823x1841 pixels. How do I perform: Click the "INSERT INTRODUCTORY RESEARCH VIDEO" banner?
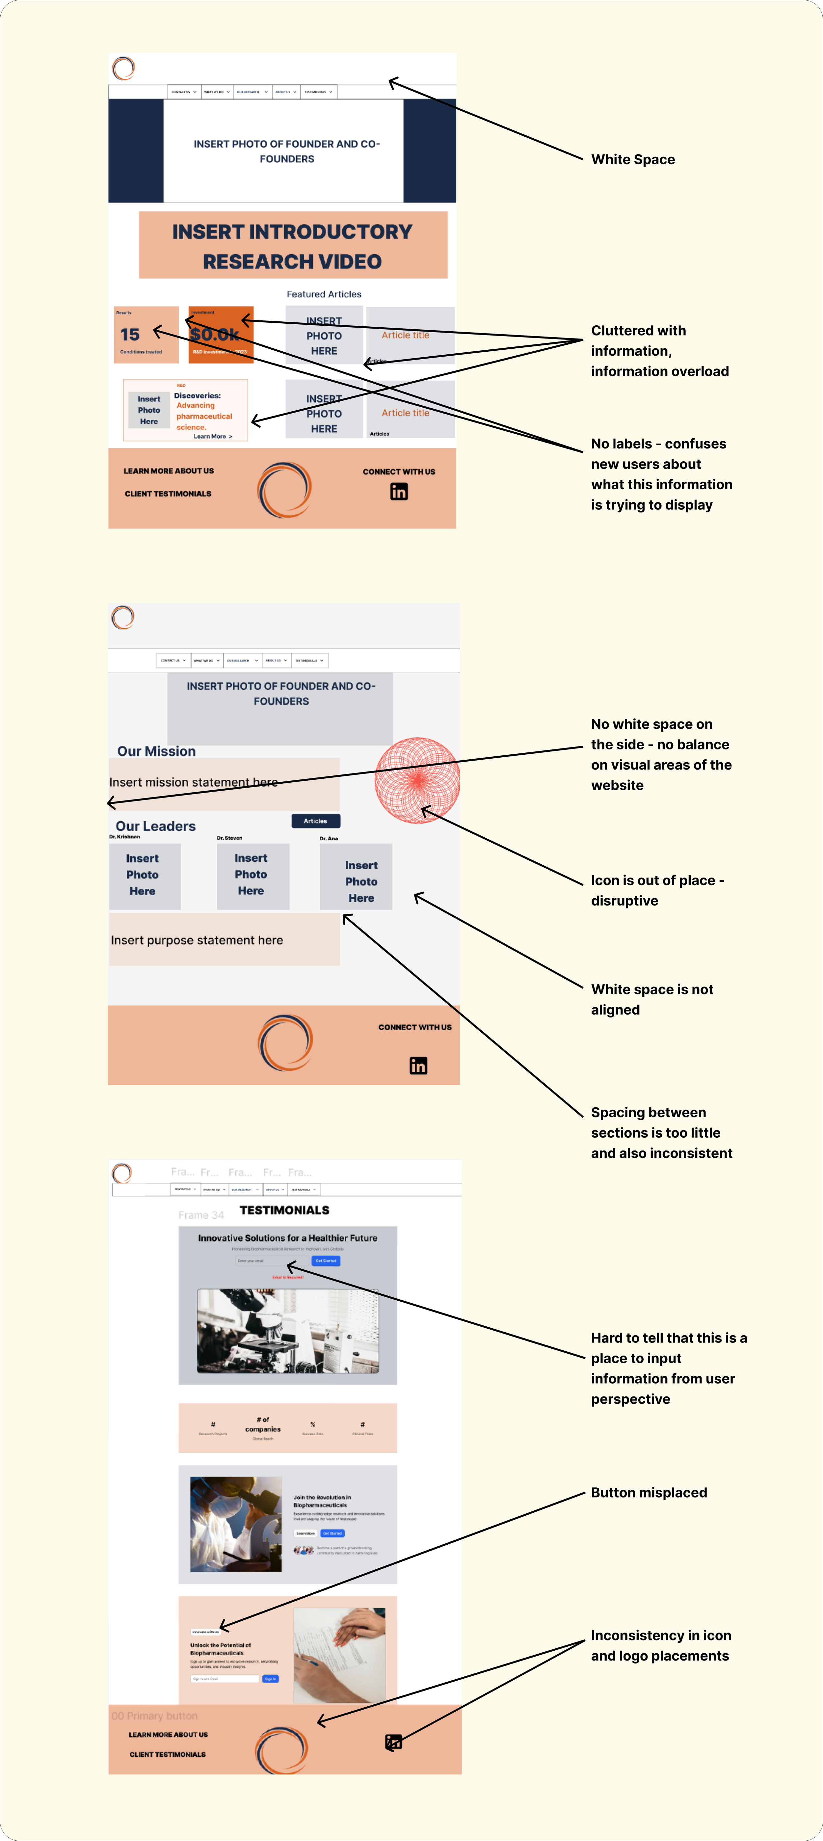[293, 246]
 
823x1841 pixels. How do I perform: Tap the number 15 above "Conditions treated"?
[130, 335]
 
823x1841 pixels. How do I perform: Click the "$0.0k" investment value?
[214, 335]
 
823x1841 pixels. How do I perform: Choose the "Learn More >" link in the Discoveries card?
[212, 436]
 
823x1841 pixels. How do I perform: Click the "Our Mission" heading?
[156, 751]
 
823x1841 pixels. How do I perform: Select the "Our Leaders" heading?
[156, 826]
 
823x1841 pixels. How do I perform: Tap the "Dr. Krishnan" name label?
[124, 836]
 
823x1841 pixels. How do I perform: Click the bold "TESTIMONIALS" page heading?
[284, 1210]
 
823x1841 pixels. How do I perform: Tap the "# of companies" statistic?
[263, 1424]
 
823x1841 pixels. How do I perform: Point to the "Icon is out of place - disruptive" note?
[657, 890]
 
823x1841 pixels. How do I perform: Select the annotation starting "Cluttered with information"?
[659, 351]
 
